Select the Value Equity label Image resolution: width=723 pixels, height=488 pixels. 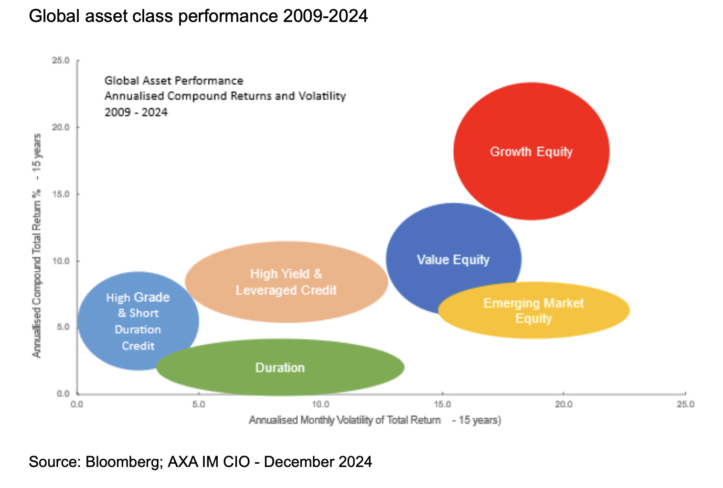(x=453, y=260)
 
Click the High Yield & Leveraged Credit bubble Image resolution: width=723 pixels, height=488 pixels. (x=286, y=282)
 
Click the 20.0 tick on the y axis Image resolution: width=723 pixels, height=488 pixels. (x=61, y=127)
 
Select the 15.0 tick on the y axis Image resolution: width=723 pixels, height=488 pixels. (x=61, y=194)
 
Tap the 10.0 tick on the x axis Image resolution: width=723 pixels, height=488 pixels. (x=320, y=404)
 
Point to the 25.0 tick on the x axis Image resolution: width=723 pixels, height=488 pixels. (x=685, y=404)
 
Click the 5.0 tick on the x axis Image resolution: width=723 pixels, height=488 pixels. (x=199, y=404)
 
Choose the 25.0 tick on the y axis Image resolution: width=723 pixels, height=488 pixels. (x=61, y=61)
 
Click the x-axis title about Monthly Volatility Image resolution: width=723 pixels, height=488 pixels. (x=374, y=420)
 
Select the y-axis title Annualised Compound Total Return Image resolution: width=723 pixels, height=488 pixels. (x=37, y=245)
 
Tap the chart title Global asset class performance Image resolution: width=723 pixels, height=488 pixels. (x=198, y=16)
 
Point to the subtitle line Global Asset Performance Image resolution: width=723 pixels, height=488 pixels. (x=174, y=81)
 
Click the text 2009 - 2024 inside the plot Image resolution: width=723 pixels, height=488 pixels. (x=136, y=112)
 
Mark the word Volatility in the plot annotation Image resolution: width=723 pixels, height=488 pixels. (x=322, y=96)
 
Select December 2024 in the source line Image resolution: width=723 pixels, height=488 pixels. (x=318, y=462)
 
